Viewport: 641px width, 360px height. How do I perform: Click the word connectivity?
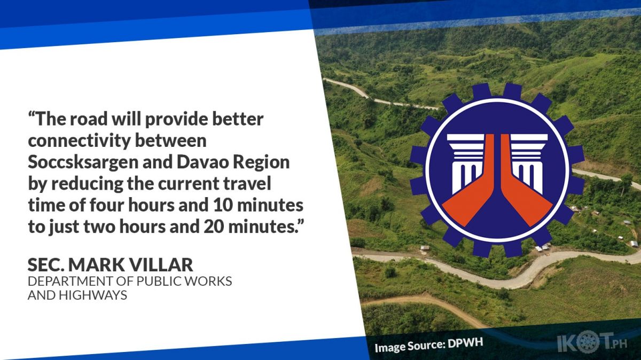(x=79, y=141)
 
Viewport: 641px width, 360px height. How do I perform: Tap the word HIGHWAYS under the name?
(x=93, y=295)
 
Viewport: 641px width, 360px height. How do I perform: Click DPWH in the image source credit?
(x=465, y=343)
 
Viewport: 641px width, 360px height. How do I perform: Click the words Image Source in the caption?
(x=410, y=346)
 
